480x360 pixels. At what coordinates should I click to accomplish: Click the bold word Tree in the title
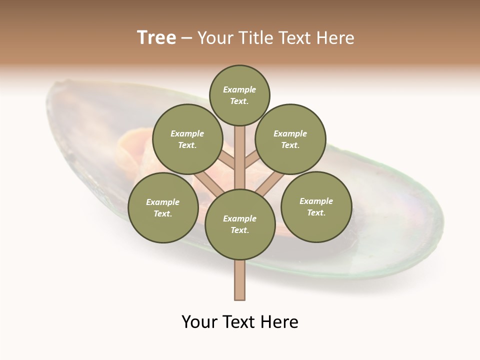156,38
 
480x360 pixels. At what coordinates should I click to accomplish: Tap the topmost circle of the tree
239,95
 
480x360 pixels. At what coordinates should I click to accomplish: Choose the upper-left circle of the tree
187,139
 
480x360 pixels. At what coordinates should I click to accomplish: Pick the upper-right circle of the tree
290,139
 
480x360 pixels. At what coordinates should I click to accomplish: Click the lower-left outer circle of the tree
162,207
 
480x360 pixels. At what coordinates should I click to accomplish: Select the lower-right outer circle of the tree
316,206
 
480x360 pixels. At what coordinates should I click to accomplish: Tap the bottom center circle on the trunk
240,224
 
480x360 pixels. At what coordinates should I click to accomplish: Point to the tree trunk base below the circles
240,280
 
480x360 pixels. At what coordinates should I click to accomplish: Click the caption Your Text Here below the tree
240,322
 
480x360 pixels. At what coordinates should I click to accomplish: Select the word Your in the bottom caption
200,322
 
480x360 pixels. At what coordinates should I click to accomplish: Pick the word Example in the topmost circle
239,89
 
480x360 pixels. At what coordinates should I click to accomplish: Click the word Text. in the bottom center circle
239,230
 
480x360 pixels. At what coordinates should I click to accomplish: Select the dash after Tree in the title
186,38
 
